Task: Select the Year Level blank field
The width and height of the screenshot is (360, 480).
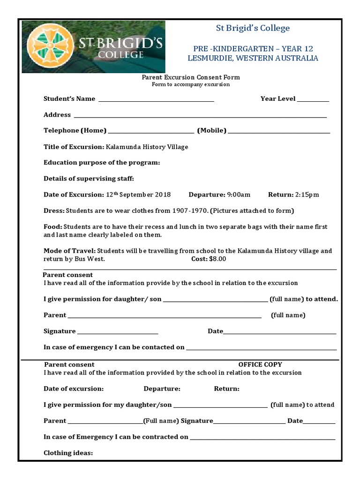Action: tap(313, 100)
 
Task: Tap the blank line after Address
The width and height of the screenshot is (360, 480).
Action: tap(200, 116)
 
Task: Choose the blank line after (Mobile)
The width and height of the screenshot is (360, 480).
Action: tap(279, 132)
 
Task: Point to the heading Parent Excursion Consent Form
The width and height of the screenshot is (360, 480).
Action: tap(191, 77)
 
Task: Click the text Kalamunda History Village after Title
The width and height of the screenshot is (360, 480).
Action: tap(147, 147)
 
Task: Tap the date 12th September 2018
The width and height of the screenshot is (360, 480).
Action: tap(138, 195)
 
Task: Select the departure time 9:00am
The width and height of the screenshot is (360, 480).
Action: tap(239, 195)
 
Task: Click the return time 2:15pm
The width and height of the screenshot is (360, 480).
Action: tap(307, 195)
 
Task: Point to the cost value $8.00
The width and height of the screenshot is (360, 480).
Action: tap(217, 259)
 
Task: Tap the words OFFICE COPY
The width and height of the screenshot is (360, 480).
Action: tap(260, 364)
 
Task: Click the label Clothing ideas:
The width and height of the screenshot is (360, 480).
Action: tap(68, 453)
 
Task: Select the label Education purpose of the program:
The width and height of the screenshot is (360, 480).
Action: tap(102, 163)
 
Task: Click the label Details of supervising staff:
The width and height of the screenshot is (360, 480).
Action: tap(89, 179)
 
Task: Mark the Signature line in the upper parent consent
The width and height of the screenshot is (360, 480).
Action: tap(118, 333)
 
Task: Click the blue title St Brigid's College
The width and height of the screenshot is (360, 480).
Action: tap(253, 28)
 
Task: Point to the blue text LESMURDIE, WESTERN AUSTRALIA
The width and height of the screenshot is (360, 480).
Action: tap(253, 58)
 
